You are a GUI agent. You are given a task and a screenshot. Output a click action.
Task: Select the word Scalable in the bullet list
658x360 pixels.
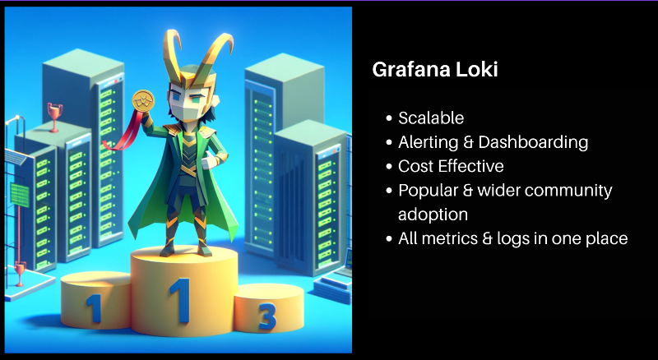(431, 118)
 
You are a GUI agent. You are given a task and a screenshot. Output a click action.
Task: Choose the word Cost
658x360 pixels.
(414, 166)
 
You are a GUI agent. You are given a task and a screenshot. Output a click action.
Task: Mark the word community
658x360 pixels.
(568, 191)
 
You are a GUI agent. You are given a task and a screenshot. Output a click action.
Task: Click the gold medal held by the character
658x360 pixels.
(143, 102)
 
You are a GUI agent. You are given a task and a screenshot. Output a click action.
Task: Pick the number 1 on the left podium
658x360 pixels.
(95, 307)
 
